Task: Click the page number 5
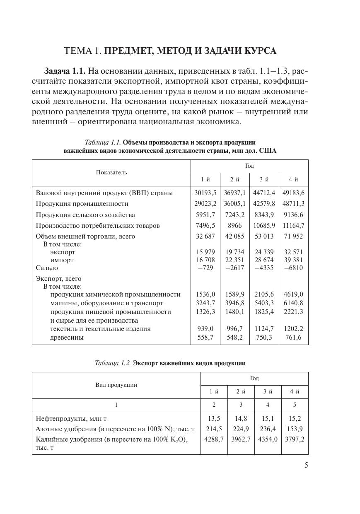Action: [x=306, y=465]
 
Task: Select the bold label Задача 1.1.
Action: [x=65, y=71]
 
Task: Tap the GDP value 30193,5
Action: [x=205, y=193]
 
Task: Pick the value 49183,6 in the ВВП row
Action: [x=294, y=193]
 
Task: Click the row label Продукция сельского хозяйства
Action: [x=85, y=215]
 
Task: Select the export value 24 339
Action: [x=264, y=252]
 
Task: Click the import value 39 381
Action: [x=294, y=260]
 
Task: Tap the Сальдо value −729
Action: [x=205, y=268]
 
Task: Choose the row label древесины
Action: [x=67, y=337]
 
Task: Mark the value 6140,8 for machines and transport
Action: [x=294, y=303]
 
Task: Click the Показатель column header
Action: [x=111, y=172]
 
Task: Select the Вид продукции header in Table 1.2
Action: [x=116, y=385]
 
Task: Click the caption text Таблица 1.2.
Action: [x=113, y=363]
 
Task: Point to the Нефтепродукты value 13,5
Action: [x=214, y=419]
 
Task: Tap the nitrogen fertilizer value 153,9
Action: [x=295, y=429]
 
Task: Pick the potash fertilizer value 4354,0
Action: [x=268, y=439]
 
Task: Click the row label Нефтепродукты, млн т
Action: [x=71, y=419]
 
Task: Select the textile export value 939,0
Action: [x=205, y=328]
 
